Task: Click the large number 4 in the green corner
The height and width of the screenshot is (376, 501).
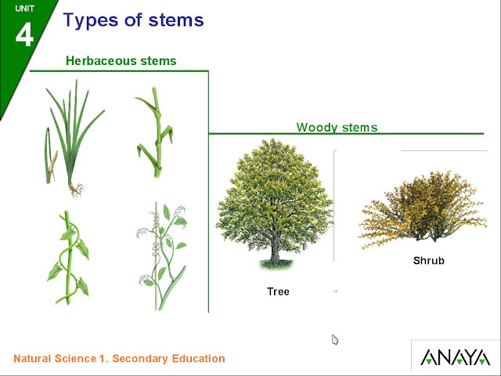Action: click(25, 34)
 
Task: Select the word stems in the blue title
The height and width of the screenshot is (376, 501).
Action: click(175, 20)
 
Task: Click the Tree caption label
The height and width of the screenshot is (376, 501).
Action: click(278, 291)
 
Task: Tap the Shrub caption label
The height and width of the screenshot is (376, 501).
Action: click(428, 260)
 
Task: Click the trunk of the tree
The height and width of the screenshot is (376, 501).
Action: click(276, 251)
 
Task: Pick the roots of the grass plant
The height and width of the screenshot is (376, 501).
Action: click(75, 189)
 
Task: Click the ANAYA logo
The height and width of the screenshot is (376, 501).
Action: click(455, 358)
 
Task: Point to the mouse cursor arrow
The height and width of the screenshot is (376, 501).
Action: click(335, 339)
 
